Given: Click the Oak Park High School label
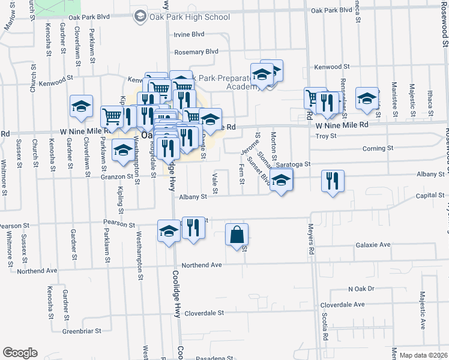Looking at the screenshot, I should [x=189, y=17].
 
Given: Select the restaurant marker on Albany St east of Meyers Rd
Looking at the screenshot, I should [x=332, y=181].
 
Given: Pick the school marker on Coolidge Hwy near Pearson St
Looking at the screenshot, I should [x=169, y=231].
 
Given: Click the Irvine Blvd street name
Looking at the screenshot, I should [x=189, y=35].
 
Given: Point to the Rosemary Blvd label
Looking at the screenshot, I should [x=196, y=52].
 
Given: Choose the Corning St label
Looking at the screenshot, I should [x=378, y=148].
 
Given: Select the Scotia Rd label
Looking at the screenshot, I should [x=325, y=328].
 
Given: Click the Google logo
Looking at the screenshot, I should [x=20, y=353].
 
